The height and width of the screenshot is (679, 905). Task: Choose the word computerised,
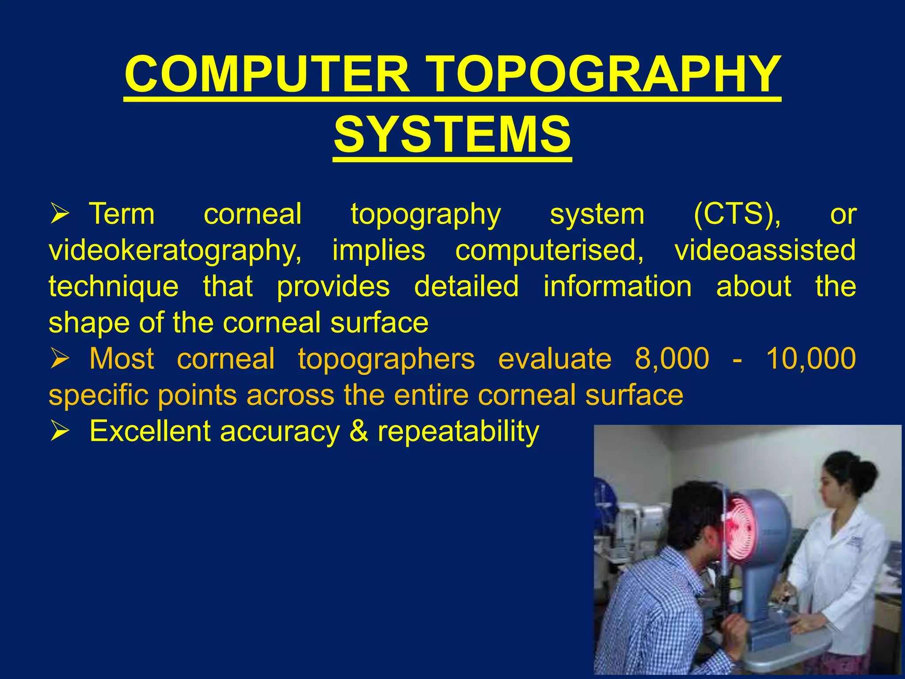point(549,250)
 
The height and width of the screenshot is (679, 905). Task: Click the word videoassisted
point(765,250)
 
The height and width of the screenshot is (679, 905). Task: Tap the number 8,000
point(672,359)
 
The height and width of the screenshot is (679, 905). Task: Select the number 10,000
point(811,359)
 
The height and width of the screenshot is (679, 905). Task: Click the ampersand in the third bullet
point(358,431)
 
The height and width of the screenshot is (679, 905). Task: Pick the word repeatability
point(458,431)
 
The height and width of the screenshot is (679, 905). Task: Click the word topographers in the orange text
point(386,359)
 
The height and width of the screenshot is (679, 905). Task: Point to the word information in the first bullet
point(617,286)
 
